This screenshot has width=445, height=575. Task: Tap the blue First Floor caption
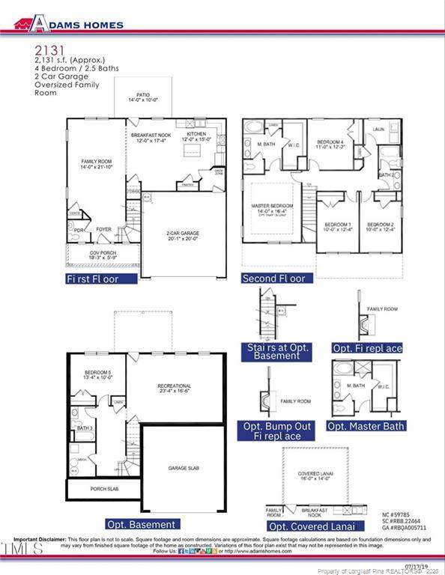pyautogui.click(x=102, y=279)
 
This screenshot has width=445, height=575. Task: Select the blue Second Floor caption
pyautogui.click(x=273, y=279)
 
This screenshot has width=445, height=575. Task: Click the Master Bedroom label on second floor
pyautogui.click(x=271, y=209)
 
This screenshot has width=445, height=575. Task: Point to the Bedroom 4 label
pyautogui.click(x=330, y=144)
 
